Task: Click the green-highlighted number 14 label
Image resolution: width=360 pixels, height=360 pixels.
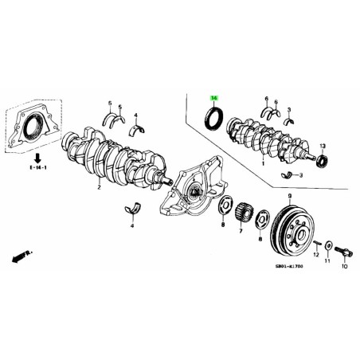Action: point(213,98)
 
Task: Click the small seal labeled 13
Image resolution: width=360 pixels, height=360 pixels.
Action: point(321,162)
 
